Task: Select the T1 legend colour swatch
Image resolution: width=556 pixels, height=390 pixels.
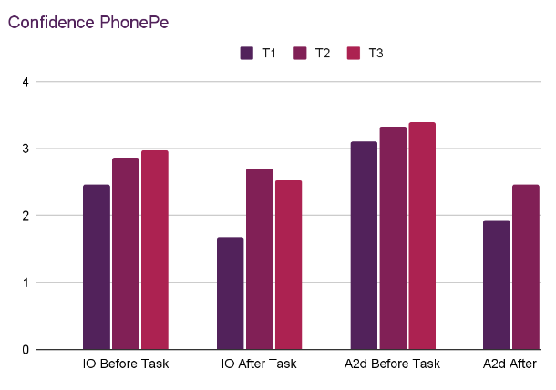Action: (x=247, y=54)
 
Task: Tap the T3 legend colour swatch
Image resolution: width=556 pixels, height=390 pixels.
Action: (x=355, y=54)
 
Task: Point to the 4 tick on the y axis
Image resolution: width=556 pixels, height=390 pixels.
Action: (x=26, y=82)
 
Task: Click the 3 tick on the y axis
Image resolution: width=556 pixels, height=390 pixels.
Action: (x=26, y=149)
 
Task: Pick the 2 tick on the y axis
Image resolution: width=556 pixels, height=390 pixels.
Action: (x=26, y=216)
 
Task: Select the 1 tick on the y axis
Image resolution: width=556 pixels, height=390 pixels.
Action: (x=26, y=282)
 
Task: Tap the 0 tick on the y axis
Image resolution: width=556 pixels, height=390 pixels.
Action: (x=26, y=350)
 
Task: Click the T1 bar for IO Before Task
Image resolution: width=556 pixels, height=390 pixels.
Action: (x=97, y=267)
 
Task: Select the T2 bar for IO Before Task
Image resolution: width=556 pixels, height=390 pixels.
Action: (x=126, y=253)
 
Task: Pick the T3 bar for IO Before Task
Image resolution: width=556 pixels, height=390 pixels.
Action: (x=155, y=250)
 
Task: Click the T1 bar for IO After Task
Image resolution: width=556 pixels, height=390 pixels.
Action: (x=231, y=293)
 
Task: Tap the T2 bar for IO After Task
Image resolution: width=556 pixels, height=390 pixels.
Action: (x=260, y=259)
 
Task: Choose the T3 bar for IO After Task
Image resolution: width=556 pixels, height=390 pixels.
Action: (x=289, y=265)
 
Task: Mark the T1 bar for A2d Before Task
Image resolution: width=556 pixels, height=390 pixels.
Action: (x=365, y=245)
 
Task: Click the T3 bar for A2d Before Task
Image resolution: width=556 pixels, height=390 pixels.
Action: (x=422, y=236)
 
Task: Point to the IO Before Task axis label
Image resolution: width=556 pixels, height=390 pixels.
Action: (x=126, y=364)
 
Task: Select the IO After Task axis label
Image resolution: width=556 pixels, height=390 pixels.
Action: (x=260, y=364)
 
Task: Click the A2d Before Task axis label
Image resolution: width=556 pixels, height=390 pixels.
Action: (x=393, y=364)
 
